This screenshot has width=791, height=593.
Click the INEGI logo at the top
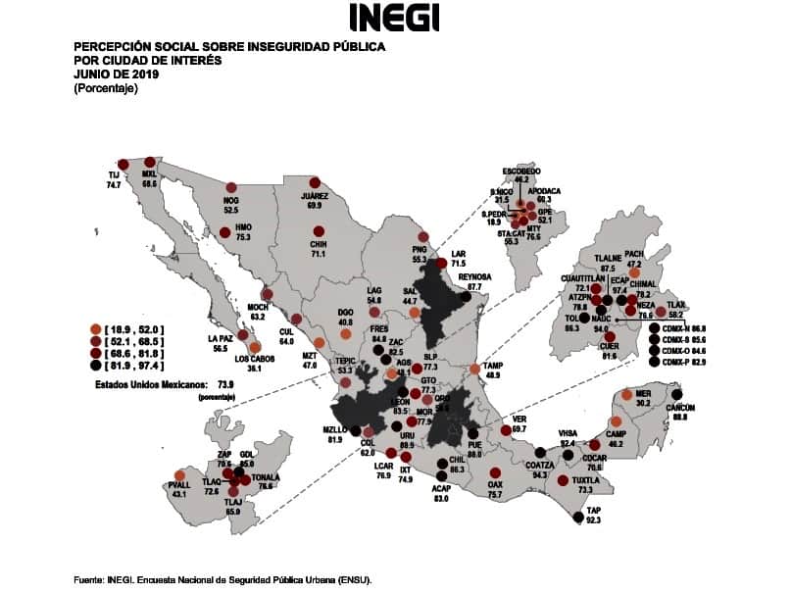click(x=394, y=17)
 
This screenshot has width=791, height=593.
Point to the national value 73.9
click(x=225, y=385)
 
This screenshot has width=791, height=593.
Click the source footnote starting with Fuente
click(x=222, y=579)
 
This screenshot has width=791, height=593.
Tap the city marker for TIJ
click(x=123, y=165)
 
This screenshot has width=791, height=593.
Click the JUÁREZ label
click(x=314, y=196)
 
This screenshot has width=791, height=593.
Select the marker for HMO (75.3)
click(x=225, y=232)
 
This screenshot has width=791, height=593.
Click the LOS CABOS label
click(x=254, y=358)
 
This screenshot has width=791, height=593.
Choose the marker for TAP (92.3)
click(x=578, y=518)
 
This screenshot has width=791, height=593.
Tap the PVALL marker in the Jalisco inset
click(x=179, y=475)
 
